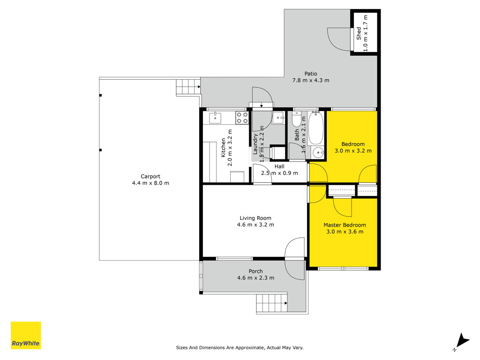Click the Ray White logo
(x=26, y=335)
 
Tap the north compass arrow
(x=462, y=341)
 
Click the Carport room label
(x=150, y=176)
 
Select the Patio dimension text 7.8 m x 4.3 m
(x=311, y=80)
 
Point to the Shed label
(x=359, y=33)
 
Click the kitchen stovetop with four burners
(x=242, y=118)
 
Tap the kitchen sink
(x=215, y=118)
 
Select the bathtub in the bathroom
(x=315, y=128)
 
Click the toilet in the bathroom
(x=296, y=120)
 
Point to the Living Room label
(x=255, y=218)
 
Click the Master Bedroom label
(x=345, y=225)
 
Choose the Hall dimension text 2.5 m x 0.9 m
(x=279, y=173)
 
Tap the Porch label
(x=255, y=271)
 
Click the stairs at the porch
(x=272, y=303)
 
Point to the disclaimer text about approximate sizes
(x=240, y=347)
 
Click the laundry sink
(x=278, y=118)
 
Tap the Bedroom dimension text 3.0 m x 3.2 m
(x=353, y=150)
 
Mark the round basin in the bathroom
(x=319, y=152)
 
